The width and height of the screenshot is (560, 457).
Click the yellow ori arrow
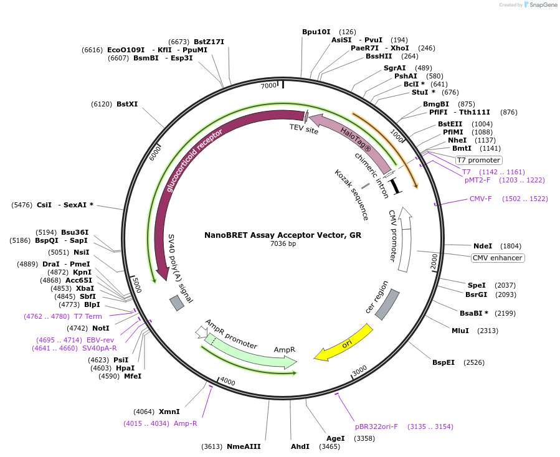point(343,342)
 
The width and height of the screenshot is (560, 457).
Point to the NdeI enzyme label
point(483,246)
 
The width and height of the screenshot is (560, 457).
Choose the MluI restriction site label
point(460,331)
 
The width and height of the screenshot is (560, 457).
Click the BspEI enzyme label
point(445,362)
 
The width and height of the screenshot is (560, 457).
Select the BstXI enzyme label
point(127,104)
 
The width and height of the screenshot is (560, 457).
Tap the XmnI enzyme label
point(169,412)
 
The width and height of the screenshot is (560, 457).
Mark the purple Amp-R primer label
point(185,423)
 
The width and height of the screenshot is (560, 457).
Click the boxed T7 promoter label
point(478,160)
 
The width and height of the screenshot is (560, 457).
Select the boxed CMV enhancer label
point(497,258)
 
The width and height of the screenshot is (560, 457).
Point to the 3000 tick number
point(359,372)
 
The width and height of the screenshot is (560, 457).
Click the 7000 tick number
point(268,86)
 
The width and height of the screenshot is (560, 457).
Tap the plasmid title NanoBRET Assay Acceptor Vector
point(282,235)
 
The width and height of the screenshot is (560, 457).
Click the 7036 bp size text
point(283,243)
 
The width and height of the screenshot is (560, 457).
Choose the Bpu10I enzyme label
point(316,31)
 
